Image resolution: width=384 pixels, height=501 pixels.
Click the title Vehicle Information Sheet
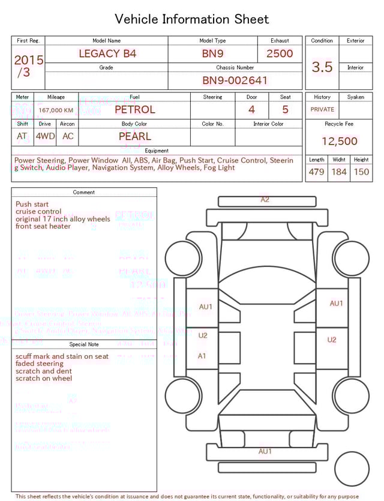191,19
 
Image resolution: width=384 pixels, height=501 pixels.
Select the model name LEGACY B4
107,53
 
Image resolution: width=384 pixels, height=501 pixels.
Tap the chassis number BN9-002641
235,80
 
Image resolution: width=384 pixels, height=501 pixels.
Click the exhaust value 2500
280,53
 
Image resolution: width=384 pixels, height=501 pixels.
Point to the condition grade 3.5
322,67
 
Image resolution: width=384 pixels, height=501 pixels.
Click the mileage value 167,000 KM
56,110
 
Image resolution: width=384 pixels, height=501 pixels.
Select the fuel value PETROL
134,110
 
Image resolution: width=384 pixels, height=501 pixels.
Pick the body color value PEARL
134,136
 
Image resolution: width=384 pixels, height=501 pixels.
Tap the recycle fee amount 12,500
339,142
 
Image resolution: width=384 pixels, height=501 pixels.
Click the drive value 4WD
45,136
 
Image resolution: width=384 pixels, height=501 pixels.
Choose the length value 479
316,172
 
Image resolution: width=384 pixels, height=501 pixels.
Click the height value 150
361,172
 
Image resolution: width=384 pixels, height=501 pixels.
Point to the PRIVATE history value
322,110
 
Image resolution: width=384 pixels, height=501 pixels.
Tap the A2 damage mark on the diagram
265,200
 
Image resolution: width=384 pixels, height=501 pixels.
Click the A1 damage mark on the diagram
202,356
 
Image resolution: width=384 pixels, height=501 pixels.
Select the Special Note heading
84,344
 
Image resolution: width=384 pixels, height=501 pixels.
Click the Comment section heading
84,193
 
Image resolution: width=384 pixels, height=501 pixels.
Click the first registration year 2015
28,60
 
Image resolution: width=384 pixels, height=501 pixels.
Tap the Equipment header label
157,151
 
